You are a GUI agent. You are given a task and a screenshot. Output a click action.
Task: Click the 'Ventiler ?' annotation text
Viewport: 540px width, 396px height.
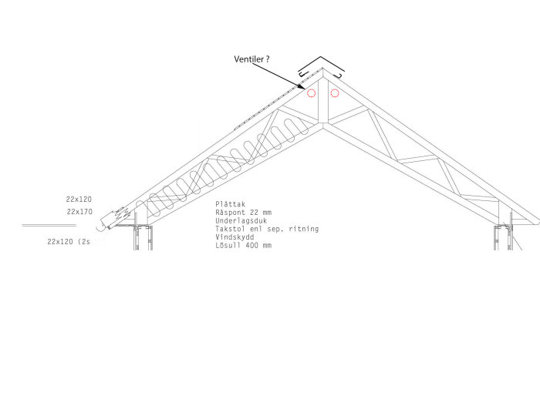click(x=251, y=59)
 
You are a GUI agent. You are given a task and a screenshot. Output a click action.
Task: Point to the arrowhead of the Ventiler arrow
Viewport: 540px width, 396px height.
click(x=302, y=87)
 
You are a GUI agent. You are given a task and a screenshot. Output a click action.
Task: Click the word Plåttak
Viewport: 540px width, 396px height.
click(x=231, y=204)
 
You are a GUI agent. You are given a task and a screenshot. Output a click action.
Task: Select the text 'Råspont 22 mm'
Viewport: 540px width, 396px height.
click(x=244, y=213)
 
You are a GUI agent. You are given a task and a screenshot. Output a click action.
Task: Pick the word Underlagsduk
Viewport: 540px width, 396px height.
click(x=241, y=221)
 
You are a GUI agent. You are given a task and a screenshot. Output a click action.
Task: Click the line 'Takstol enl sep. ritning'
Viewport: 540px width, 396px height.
click(x=267, y=229)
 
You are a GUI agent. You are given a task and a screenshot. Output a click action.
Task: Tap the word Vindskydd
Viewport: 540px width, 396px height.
click(x=235, y=237)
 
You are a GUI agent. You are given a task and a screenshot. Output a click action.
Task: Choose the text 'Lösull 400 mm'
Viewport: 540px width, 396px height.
click(x=244, y=246)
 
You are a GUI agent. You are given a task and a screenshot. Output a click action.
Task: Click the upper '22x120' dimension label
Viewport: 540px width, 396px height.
click(x=79, y=200)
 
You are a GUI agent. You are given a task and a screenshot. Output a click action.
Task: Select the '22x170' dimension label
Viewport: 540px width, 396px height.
click(x=79, y=212)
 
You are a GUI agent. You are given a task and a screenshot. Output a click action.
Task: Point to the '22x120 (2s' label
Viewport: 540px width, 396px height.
click(x=69, y=242)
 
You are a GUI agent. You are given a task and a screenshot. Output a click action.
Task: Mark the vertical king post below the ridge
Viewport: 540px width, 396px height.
click(x=323, y=100)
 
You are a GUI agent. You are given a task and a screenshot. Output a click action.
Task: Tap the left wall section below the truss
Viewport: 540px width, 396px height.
click(x=143, y=237)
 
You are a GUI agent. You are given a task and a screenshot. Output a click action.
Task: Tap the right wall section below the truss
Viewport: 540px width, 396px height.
click(x=503, y=237)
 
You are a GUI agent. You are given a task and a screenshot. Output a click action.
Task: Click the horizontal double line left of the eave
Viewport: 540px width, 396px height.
click(x=49, y=226)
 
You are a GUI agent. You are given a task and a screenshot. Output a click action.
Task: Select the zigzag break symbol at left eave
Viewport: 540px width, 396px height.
click(x=123, y=213)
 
